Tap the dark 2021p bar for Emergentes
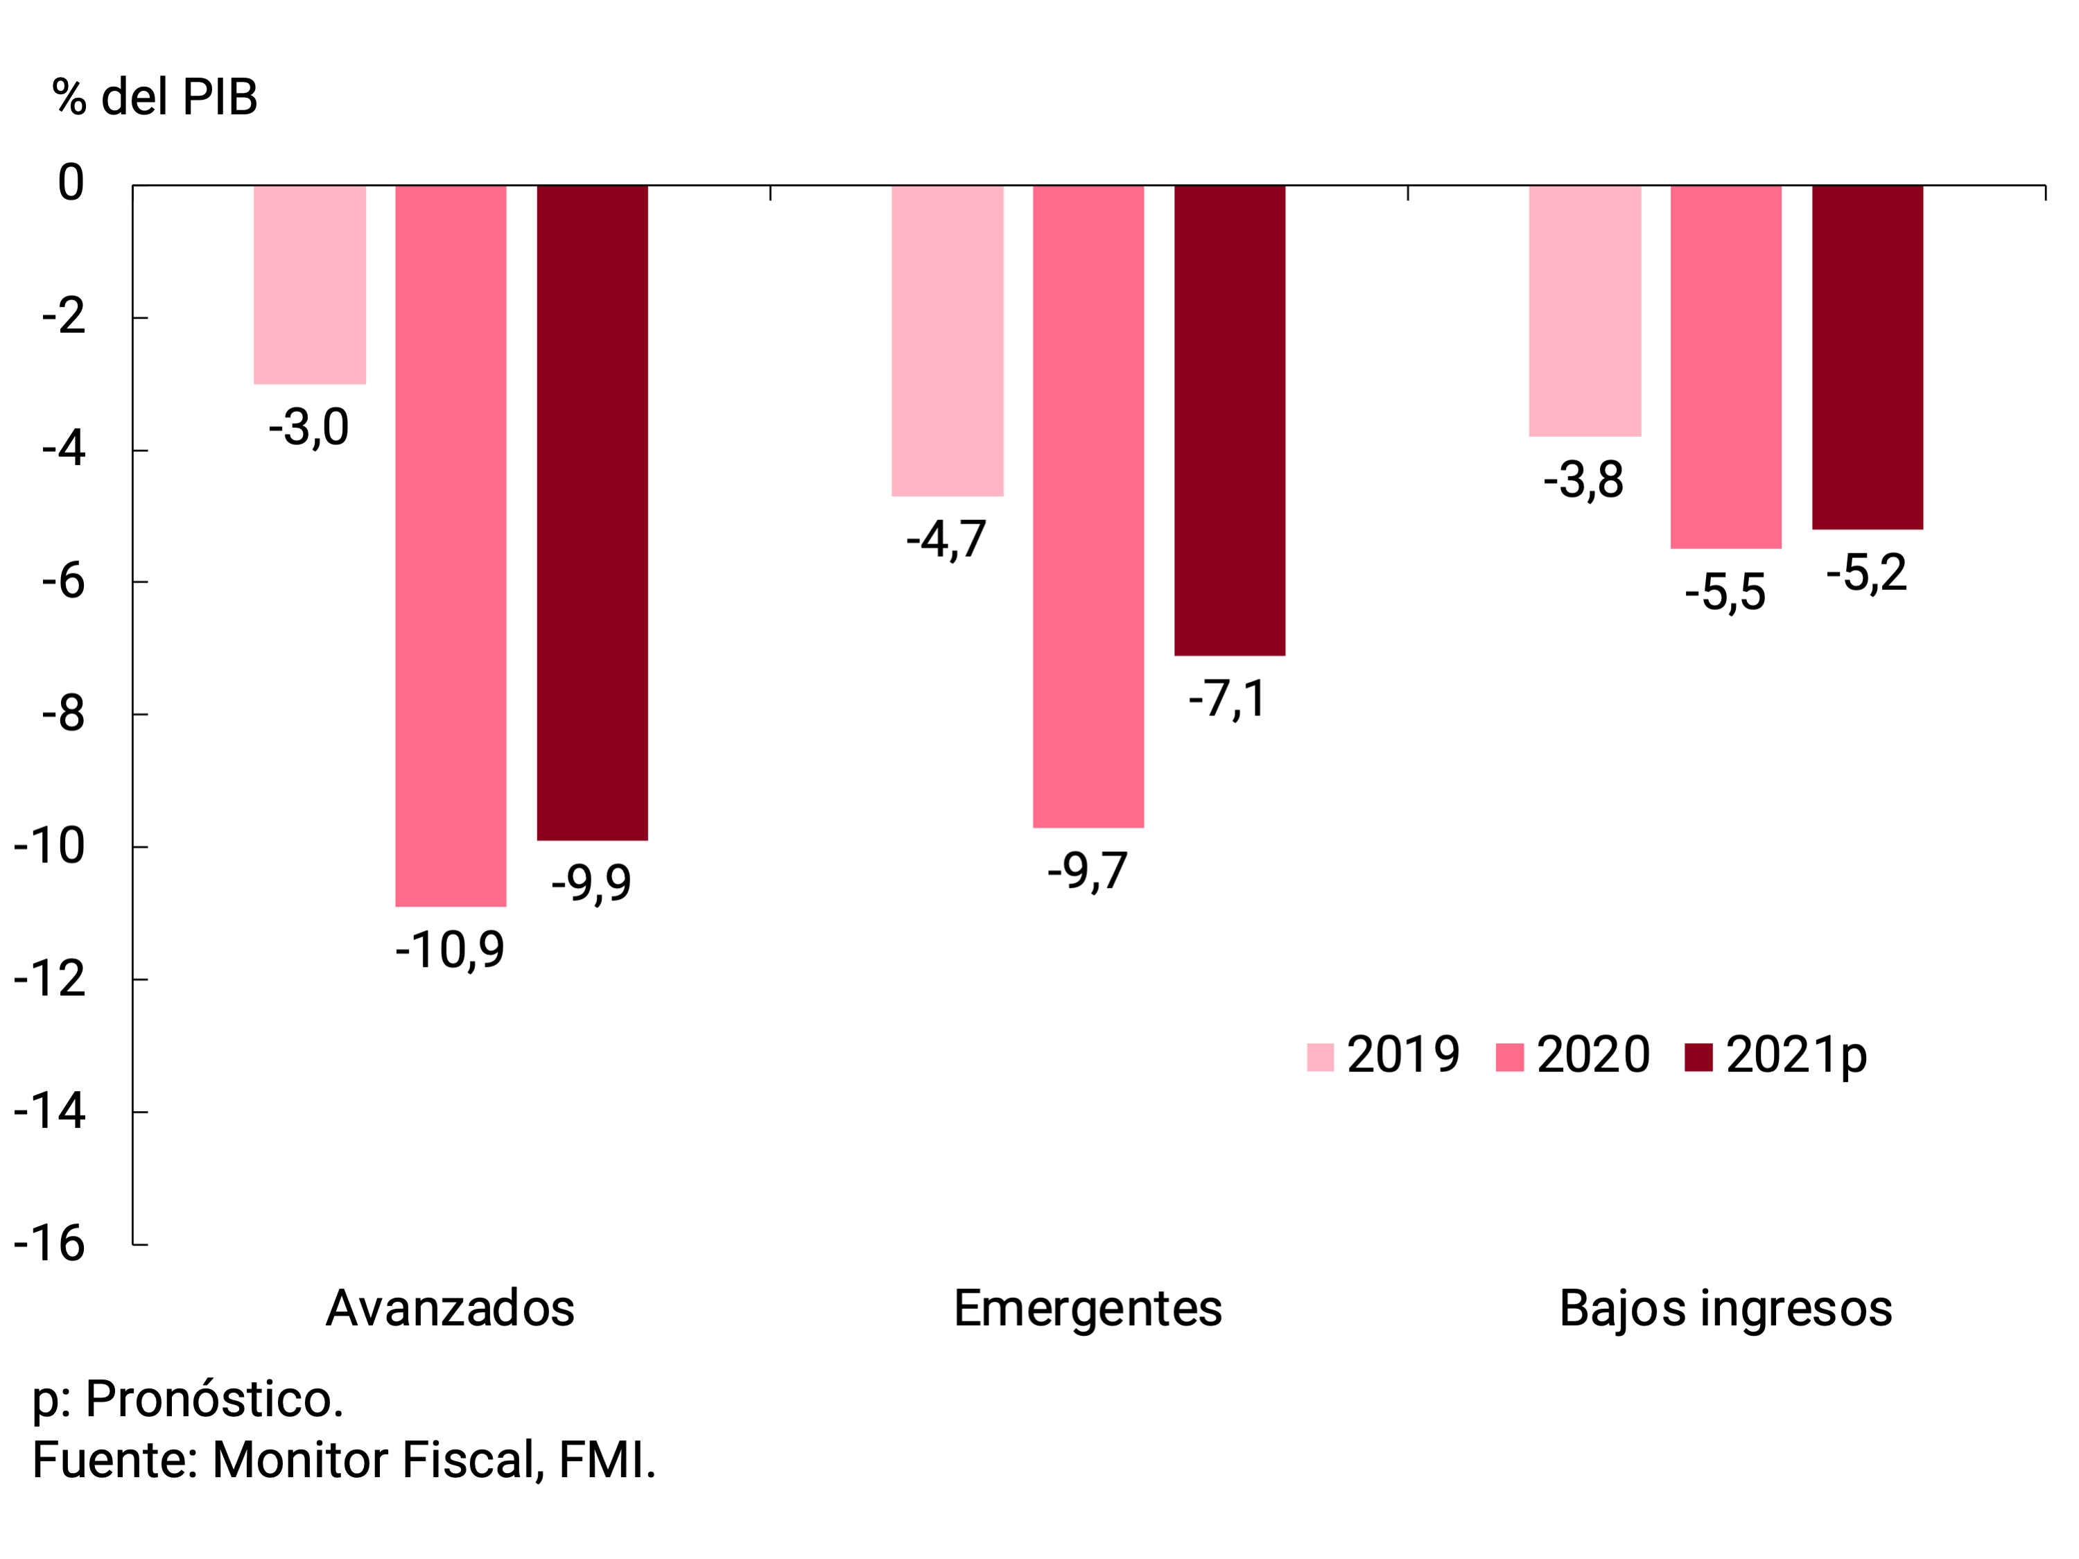pyautogui.click(x=1229, y=420)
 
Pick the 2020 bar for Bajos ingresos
pyautogui.click(x=1725, y=367)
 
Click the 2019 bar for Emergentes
pyautogui.click(x=948, y=340)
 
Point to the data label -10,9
pyautogui.click(x=450, y=950)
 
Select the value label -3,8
pyautogui.click(x=1584, y=480)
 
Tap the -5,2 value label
pyautogui.click(x=1867, y=573)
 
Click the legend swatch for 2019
pyautogui.click(x=1320, y=1056)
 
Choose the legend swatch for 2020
pyautogui.click(x=1508, y=1056)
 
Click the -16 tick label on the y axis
pyautogui.click(x=50, y=1244)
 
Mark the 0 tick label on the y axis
pyautogui.click(x=71, y=182)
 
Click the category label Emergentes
pyautogui.click(x=1088, y=1308)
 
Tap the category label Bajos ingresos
pyautogui.click(x=1725, y=1308)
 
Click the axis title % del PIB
pyautogui.click(x=155, y=97)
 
